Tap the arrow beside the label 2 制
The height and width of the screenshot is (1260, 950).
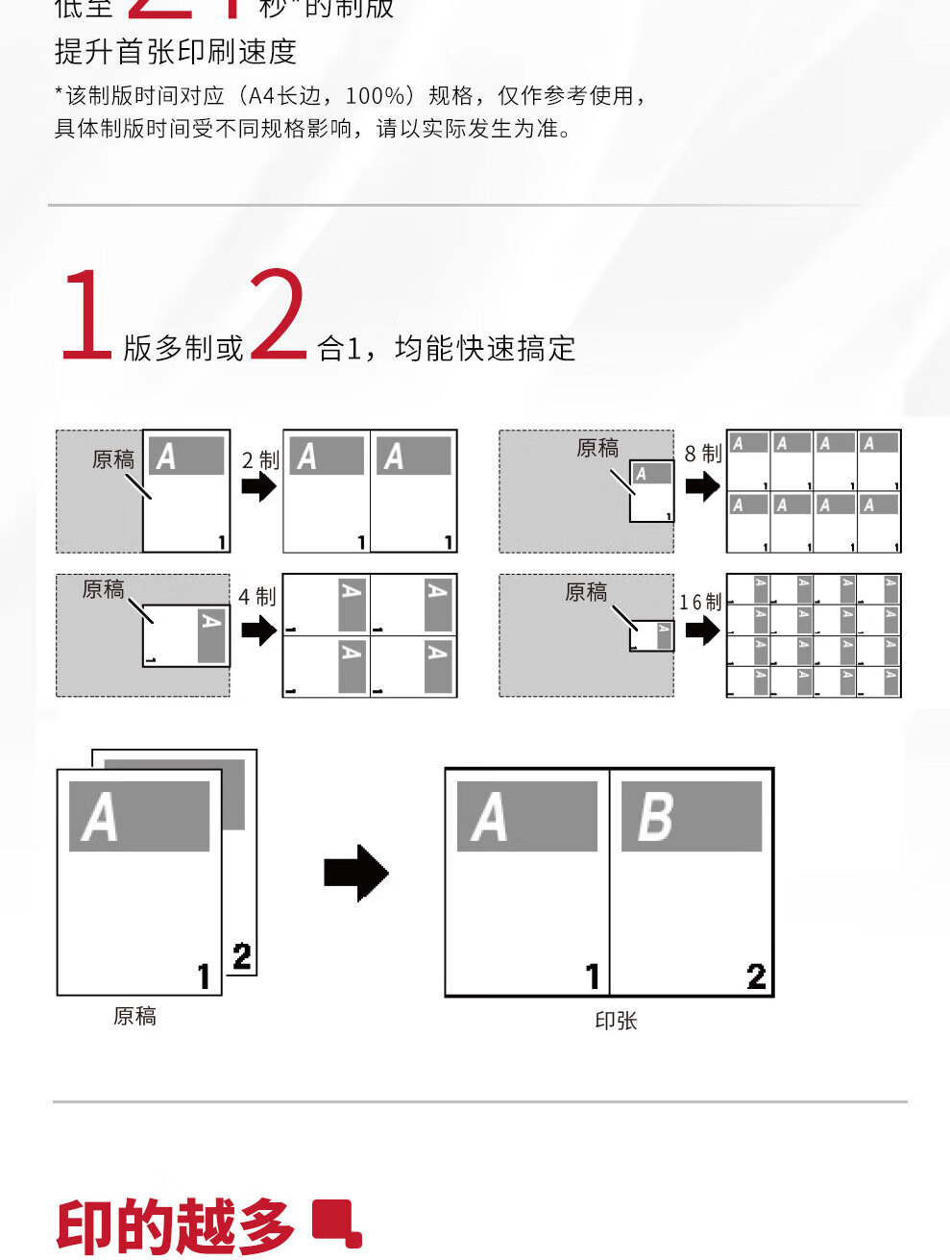[x=258, y=487]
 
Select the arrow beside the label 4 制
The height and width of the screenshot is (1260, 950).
[x=258, y=631]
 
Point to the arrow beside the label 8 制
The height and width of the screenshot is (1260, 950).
[x=702, y=486]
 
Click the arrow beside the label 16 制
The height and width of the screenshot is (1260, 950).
[x=702, y=630]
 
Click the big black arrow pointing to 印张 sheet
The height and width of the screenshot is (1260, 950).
[x=356, y=873]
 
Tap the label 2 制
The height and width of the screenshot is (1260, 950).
[x=260, y=460]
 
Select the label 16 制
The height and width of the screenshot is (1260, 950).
[x=700, y=603]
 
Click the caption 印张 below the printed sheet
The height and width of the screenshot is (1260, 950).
[x=616, y=1021]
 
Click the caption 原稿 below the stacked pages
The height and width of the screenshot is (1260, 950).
[x=134, y=1016]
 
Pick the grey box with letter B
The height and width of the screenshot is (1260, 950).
[x=692, y=816]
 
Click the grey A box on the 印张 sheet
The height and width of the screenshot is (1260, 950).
[x=526, y=816]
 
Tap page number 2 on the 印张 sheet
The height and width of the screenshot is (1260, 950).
[x=756, y=976]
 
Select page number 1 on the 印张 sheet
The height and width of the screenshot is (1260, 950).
[x=593, y=976]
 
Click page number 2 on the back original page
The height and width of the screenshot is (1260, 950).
[x=242, y=956]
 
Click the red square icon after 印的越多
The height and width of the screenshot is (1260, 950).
[x=337, y=1223]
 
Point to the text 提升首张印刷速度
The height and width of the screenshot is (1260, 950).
[x=176, y=52]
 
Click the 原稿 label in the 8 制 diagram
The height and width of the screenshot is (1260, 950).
[x=597, y=448]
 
